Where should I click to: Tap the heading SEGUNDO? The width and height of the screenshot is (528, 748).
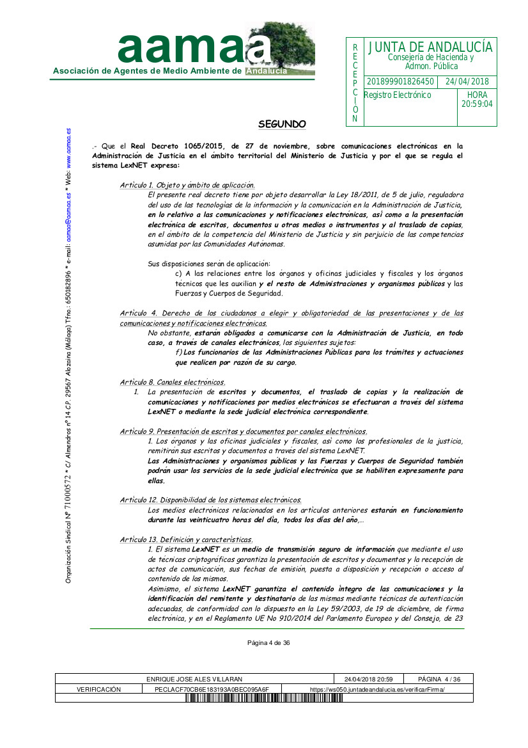[x=282, y=123]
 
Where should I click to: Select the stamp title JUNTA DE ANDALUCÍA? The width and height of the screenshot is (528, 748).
[x=430, y=47]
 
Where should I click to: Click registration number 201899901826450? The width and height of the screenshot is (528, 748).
[x=400, y=82]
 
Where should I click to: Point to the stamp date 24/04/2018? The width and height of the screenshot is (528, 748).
[x=467, y=82]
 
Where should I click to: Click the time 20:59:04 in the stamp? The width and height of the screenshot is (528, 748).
[x=477, y=104]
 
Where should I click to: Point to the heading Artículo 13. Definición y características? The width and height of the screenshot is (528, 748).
[x=186, y=539]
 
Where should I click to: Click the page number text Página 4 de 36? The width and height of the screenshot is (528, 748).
[x=269, y=643]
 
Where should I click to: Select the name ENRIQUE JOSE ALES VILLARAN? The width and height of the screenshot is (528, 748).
[x=194, y=679]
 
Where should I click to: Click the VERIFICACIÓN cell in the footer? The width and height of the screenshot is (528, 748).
[x=98, y=689]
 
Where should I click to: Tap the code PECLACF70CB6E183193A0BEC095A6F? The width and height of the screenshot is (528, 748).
[x=212, y=689]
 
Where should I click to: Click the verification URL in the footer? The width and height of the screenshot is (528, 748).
[x=377, y=689]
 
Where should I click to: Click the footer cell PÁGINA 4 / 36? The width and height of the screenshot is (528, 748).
[x=439, y=679]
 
